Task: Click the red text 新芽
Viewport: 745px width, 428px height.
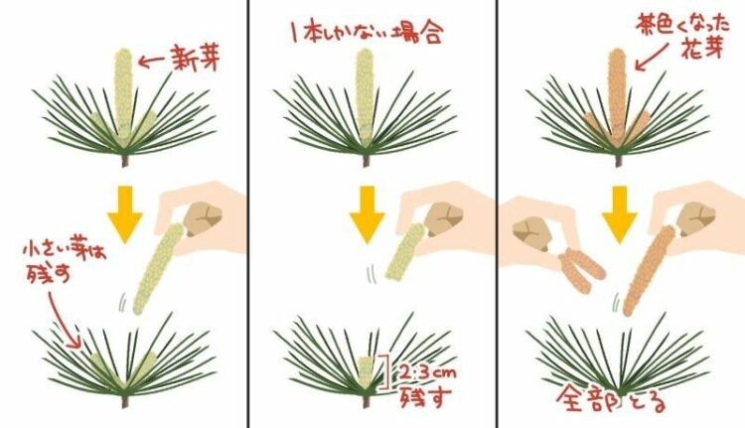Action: pyautogui.click(x=195, y=58)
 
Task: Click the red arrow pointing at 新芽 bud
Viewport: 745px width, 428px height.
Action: pyautogui.click(x=151, y=61)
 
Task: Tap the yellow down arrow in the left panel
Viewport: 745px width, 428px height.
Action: pyautogui.click(x=124, y=214)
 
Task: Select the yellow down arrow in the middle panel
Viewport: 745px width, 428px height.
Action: pyautogui.click(x=367, y=214)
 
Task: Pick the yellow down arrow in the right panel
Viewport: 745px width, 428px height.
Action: pyautogui.click(x=619, y=214)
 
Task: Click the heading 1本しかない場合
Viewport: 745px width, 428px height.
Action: pyautogui.click(x=367, y=34)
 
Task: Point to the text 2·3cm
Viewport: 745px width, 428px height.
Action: pyautogui.click(x=427, y=372)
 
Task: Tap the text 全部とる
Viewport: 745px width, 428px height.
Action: pyautogui.click(x=612, y=399)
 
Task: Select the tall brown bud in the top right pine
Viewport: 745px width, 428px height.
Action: pyautogui.click(x=617, y=95)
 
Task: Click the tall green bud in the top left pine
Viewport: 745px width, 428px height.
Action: pyautogui.click(x=123, y=94)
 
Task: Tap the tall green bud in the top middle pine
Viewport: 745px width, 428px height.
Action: pyautogui.click(x=365, y=95)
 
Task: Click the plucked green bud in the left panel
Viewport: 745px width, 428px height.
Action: pyautogui.click(x=158, y=269)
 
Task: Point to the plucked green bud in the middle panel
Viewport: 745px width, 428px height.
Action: pyautogui.click(x=405, y=252)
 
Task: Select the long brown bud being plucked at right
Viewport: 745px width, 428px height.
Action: pyautogui.click(x=648, y=271)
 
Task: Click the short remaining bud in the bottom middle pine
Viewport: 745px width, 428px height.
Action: pyautogui.click(x=365, y=372)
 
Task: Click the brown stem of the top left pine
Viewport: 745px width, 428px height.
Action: pyautogui.click(x=125, y=161)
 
